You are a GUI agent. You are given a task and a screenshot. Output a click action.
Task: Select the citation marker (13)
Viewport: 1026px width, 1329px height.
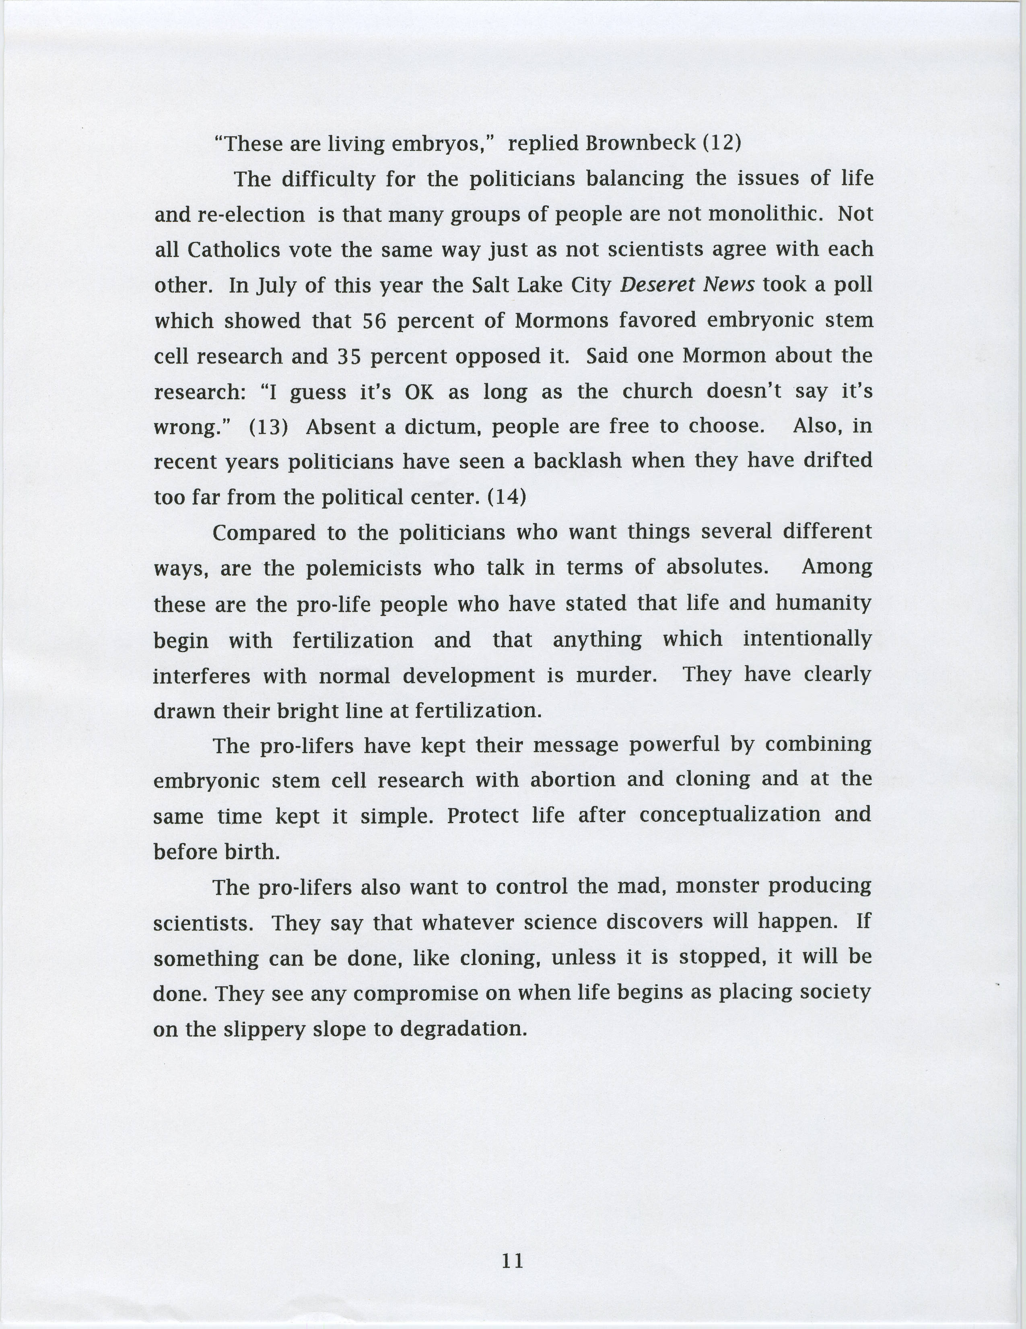pyautogui.click(x=268, y=427)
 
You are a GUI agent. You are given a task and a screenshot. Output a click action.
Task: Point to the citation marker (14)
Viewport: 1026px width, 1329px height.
pyautogui.click(x=506, y=497)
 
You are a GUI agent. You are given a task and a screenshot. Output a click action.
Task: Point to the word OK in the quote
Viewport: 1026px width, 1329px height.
pyautogui.click(x=419, y=392)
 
